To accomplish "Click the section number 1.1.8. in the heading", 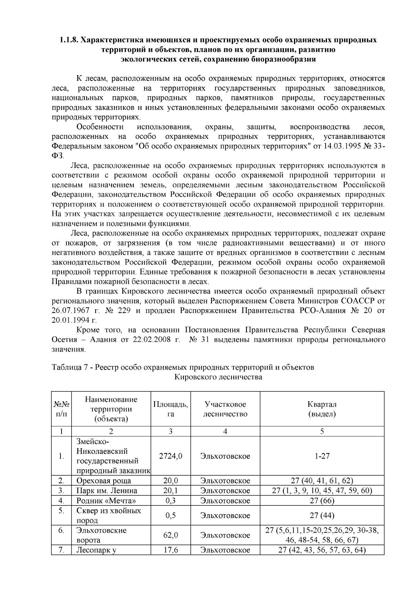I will pyautogui.click(x=68, y=40).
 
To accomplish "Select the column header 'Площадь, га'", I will pyautogui.click(x=170, y=409).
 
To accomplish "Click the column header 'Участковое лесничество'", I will pyautogui.click(x=225, y=409).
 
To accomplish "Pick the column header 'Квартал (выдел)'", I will pyautogui.click(x=322, y=409).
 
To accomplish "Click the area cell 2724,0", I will pyautogui.click(x=170, y=456).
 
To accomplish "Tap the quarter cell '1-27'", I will pyautogui.click(x=322, y=456).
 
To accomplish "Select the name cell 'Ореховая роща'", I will pyautogui.click(x=104, y=481).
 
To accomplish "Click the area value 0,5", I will pyautogui.click(x=170, y=515).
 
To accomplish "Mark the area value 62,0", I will pyautogui.click(x=170, y=535).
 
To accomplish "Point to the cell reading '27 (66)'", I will pyautogui.click(x=322, y=501).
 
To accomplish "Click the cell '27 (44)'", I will pyautogui.click(x=322, y=515).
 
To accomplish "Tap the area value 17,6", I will pyautogui.click(x=170, y=550).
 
